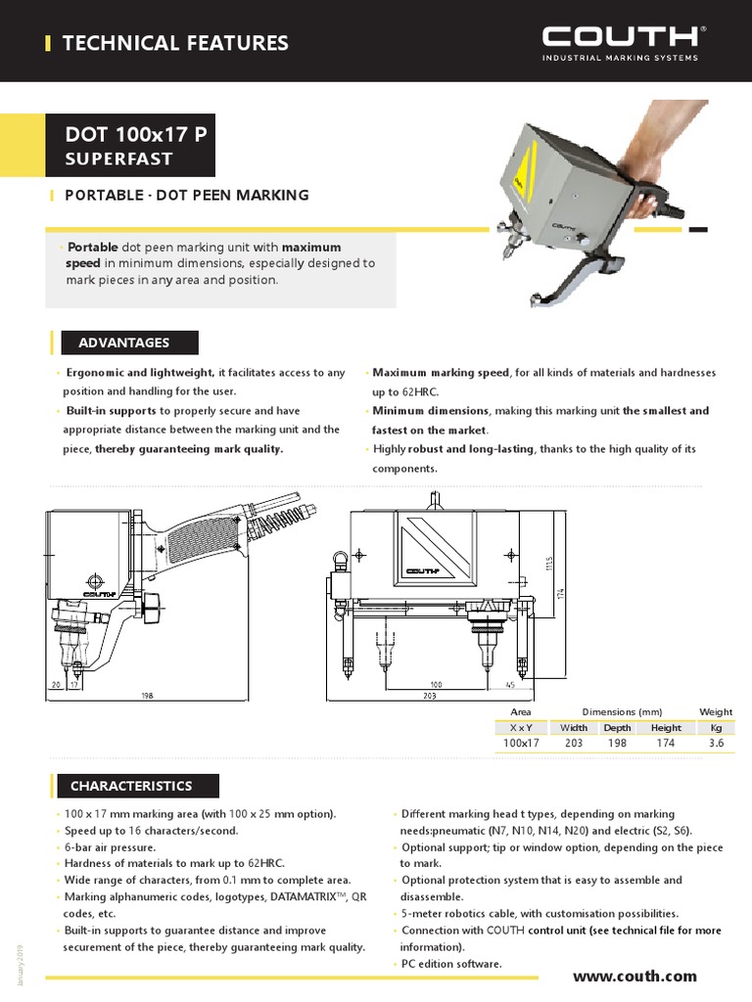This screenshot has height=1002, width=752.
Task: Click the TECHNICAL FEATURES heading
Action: [x=175, y=43]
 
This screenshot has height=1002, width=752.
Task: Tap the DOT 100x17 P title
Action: [x=135, y=134]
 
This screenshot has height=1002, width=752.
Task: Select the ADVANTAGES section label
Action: [x=123, y=342]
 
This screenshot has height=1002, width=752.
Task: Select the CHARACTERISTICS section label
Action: [x=130, y=786]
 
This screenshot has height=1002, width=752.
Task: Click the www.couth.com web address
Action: [x=634, y=976]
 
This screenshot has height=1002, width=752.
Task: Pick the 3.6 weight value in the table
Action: [x=715, y=744]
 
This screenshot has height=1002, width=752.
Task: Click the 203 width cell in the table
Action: [x=573, y=744]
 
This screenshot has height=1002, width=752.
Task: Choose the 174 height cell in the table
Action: [x=665, y=744]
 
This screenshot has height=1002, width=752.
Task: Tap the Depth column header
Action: [x=617, y=727]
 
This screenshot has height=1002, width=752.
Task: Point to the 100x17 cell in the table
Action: [x=521, y=744]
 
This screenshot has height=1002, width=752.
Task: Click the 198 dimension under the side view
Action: [x=147, y=696]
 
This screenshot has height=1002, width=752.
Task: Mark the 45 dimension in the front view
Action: [x=510, y=685]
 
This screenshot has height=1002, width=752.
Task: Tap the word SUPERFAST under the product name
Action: [x=118, y=159]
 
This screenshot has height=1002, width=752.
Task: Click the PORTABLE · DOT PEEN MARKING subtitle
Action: [x=186, y=195]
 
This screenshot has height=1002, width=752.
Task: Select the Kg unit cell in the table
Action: [x=715, y=727]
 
